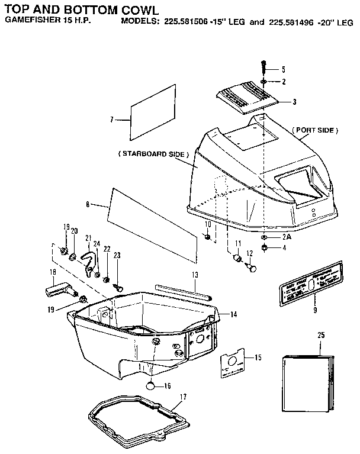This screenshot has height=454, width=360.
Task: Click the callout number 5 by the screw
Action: point(283,69)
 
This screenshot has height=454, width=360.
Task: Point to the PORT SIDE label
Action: point(315,130)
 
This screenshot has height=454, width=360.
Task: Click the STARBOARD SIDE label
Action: point(153,154)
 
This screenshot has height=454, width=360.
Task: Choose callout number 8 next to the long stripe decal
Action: point(88,204)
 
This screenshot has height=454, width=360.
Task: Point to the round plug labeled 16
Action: point(152,385)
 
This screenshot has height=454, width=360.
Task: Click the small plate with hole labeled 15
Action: point(232,363)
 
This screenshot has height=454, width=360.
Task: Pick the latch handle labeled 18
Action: point(58,291)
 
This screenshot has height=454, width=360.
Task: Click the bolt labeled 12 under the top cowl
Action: point(252,268)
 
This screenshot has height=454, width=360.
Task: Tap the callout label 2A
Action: point(286,236)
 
